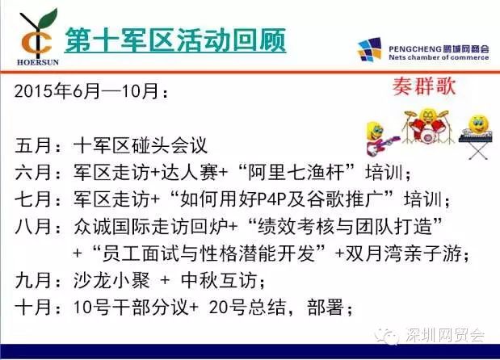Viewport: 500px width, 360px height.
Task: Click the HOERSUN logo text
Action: [38, 62]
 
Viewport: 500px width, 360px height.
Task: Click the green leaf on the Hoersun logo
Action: [48, 19]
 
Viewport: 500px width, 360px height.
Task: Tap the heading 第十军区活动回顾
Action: [175, 40]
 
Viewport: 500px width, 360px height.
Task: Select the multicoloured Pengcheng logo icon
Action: [370, 49]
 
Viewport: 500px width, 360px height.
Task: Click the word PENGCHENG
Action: [415, 49]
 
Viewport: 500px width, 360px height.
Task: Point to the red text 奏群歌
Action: [424, 86]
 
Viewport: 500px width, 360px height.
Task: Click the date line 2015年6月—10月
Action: [91, 91]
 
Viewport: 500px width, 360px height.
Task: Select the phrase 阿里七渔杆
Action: [296, 173]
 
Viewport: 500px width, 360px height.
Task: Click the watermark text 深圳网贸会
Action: [445, 335]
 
